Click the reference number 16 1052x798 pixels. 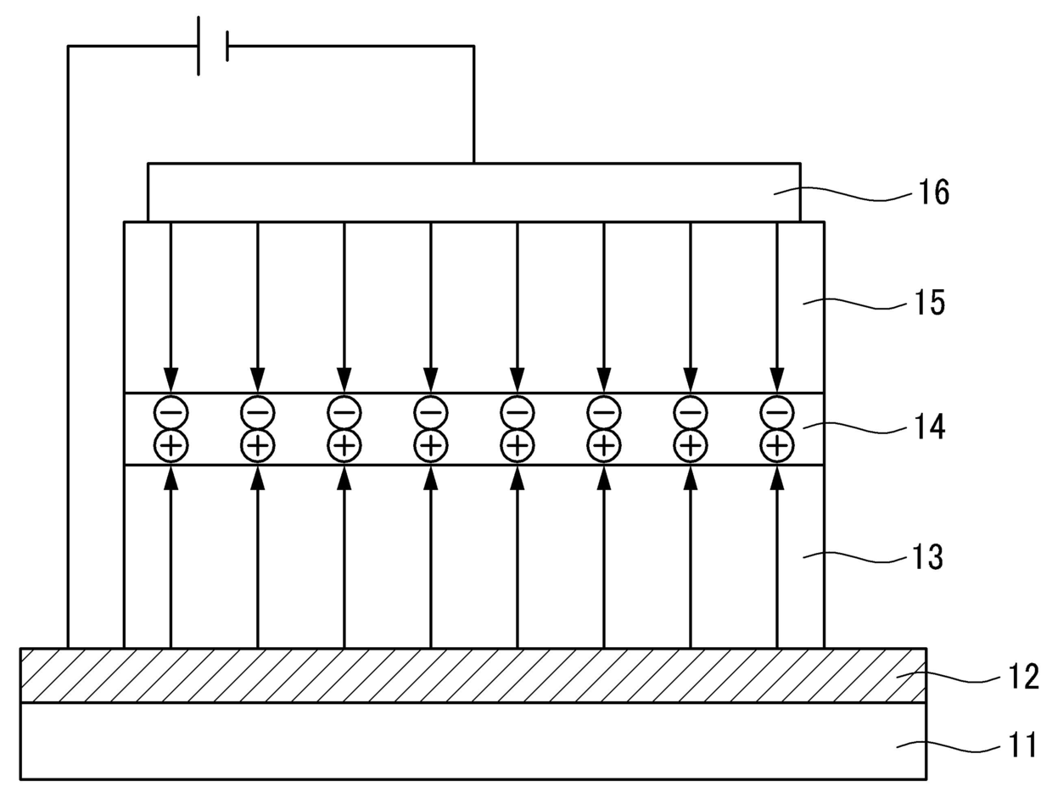pyautogui.click(x=932, y=193)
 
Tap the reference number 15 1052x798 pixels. pyautogui.click(x=929, y=303)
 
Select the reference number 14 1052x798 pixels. pyautogui.click(x=929, y=427)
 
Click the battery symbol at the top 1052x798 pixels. pyautogui.click(x=212, y=46)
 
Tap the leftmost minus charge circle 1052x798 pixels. pyautogui.click(x=171, y=413)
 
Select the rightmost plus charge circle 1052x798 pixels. pyautogui.click(x=776, y=444)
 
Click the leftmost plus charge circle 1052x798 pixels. pyautogui.click(x=171, y=444)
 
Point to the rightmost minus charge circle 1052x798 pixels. pyautogui.click(x=776, y=413)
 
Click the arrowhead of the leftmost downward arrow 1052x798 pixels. pyautogui.click(x=171, y=380)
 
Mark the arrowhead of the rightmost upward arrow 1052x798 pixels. pyautogui.click(x=776, y=477)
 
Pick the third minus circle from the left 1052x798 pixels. pyautogui.click(x=344, y=413)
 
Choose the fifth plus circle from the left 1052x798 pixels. pyautogui.click(x=517, y=444)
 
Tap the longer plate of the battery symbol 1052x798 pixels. pyautogui.click(x=199, y=46)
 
